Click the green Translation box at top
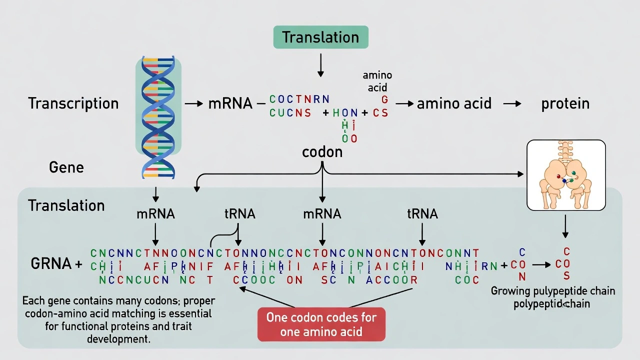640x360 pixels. (x=320, y=37)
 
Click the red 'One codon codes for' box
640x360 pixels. (x=321, y=324)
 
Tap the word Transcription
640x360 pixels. (x=73, y=103)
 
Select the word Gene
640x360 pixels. (x=66, y=167)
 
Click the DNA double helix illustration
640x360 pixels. (x=158, y=117)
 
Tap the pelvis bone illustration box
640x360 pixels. (x=566, y=175)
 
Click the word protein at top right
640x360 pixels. (x=565, y=103)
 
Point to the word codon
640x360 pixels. (x=322, y=152)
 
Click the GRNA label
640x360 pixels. (x=51, y=264)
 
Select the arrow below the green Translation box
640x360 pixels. (x=320, y=65)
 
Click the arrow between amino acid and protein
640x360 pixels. (x=512, y=103)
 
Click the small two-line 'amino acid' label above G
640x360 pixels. (x=377, y=81)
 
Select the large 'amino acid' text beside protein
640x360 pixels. (x=454, y=103)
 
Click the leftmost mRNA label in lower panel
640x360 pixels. (x=155, y=214)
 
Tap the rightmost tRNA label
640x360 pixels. (x=422, y=214)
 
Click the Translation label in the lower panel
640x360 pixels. (x=66, y=205)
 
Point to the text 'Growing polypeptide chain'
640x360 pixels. (x=552, y=291)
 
